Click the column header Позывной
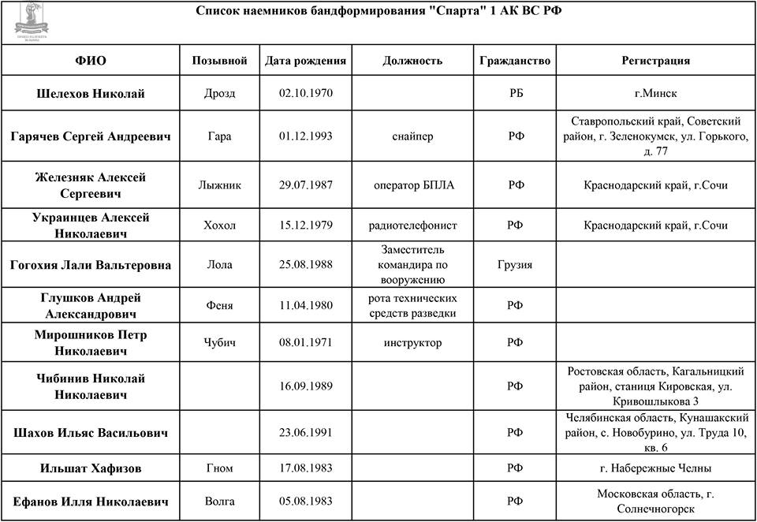(219, 61)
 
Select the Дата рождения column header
(306, 61)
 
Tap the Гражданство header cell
(515, 61)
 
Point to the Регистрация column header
(655, 61)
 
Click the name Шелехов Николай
(91, 94)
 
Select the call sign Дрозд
(219, 94)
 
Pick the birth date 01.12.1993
(306, 136)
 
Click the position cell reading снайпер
(412, 136)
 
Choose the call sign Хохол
(219, 226)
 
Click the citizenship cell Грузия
(515, 265)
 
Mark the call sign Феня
(219, 306)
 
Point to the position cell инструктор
(412, 343)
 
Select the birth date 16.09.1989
(306, 386)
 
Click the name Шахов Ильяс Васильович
(91, 432)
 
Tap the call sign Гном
(219, 468)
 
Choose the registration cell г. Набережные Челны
(655, 468)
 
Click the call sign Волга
(219, 501)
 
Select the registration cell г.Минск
(655, 94)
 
